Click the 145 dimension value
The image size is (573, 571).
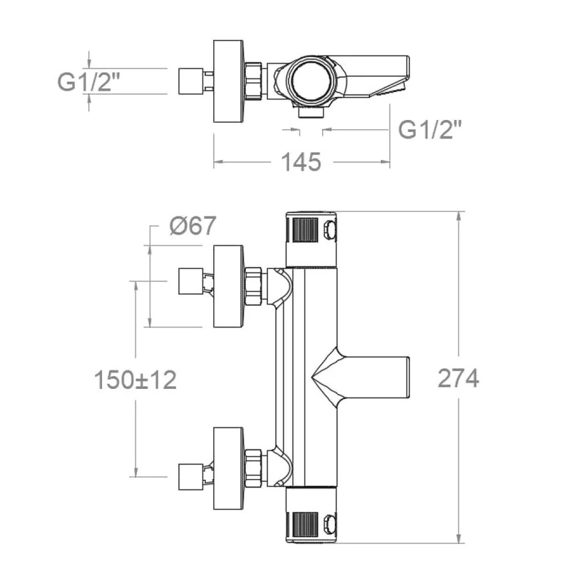301,162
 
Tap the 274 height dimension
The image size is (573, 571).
458,378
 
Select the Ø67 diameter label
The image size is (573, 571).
193,226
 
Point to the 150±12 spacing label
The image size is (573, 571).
135,380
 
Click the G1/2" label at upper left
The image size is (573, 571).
89,81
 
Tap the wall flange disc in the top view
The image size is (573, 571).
228,81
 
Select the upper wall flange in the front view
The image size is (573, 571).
228,286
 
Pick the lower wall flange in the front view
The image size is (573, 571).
228,468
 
